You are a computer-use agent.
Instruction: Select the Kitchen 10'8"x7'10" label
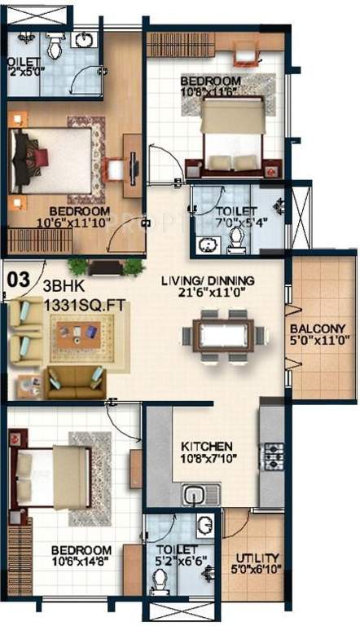click(207, 453)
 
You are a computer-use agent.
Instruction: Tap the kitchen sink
click(194, 494)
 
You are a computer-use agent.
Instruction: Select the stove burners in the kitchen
click(270, 455)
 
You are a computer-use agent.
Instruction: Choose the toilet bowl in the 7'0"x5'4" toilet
click(237, 236)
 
